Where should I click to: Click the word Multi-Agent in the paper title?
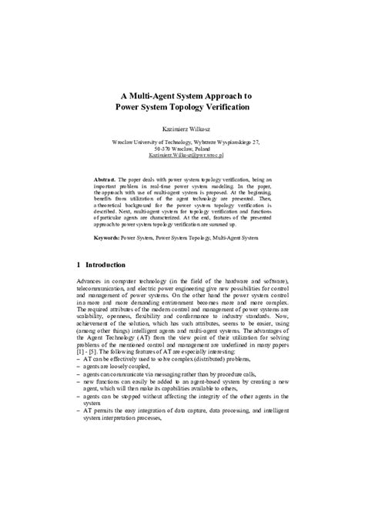(158, 89)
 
